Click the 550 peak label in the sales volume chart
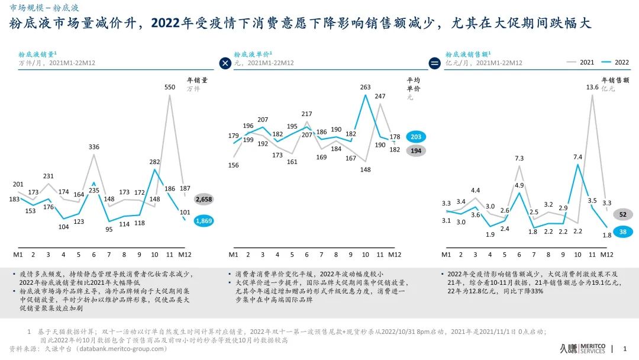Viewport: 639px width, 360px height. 170,86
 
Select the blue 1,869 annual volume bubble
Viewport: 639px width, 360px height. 203,221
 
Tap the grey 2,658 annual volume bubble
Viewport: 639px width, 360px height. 203,200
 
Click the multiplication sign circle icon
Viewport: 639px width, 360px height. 225,63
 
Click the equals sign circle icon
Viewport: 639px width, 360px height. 435,63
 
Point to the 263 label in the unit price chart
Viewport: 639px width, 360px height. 365,88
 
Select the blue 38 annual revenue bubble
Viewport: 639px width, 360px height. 623,232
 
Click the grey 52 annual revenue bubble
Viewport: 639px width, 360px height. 623,214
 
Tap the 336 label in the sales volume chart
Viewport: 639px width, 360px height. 94,147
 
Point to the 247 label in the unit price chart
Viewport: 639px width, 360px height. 380,96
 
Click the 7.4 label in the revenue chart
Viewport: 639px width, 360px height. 578,157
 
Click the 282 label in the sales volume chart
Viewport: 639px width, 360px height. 154,162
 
